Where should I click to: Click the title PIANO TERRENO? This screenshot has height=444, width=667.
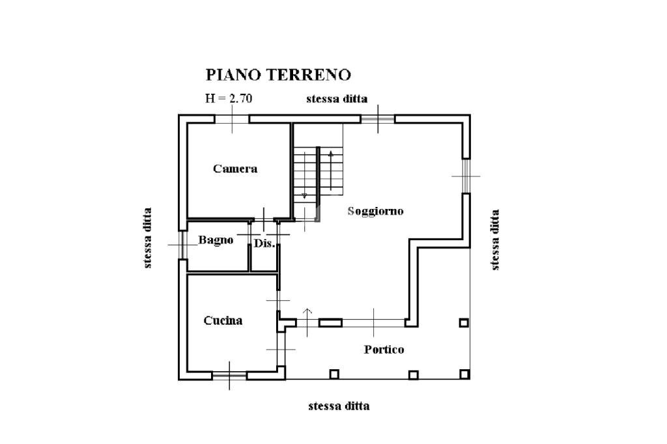click(x=278, y=75)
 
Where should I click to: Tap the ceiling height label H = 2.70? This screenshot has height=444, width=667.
click(x=229, y=99)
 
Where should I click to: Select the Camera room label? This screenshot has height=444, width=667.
click(x=235, y=169)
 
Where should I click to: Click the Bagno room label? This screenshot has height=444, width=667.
click(x=216, y=240)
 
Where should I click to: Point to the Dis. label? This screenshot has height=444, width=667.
click(x=264, y=243)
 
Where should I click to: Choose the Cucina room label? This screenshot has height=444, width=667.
click(x=223, y=320)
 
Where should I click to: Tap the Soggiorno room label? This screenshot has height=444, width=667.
click(x=375, y=211)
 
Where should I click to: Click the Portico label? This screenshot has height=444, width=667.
click(x=383, y=350)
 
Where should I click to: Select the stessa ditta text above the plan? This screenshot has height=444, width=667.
click(x=337, y=99)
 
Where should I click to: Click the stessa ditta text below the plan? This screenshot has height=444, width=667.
click(x=339, y=406)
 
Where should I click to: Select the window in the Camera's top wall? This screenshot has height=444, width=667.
click(x=233, y=119)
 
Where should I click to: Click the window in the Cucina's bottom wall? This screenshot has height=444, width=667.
click(x=229, y=375)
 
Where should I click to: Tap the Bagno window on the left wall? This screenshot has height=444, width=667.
click(x=182, y=245)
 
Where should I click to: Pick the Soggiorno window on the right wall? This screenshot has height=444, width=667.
click(x=466, y=176)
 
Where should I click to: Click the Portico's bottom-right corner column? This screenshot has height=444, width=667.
click(x=464, y=374)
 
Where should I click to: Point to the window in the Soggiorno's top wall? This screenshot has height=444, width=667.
click(x=378, y=119)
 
